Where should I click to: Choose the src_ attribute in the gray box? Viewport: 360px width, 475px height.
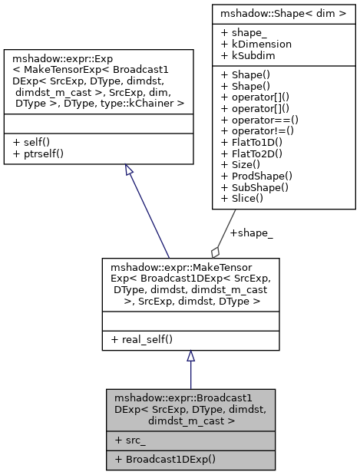[130, 440]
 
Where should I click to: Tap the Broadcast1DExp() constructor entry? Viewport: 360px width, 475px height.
[164, 459]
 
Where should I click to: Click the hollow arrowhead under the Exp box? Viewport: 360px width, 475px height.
[130, 170]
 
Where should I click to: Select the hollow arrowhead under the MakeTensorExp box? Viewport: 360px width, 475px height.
[190, 357]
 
